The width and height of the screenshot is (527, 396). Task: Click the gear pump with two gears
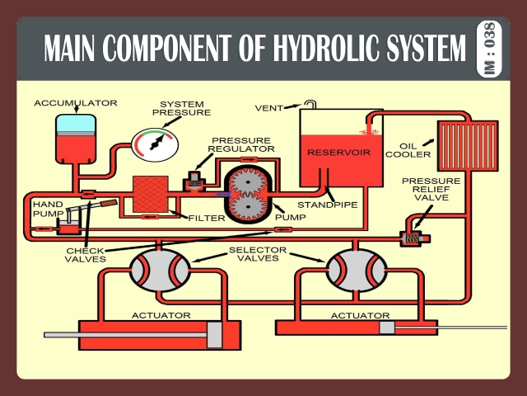click(x=249, y=192)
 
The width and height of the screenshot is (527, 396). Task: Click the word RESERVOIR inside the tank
click(x=338, y=153)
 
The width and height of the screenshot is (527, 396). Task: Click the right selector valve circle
click(x=357, y=266)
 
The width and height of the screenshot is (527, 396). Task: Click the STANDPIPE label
click(x=327, y=204)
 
